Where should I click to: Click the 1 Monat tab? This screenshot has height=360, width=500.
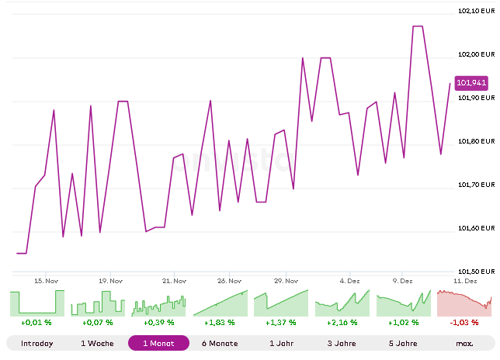coord(158,343)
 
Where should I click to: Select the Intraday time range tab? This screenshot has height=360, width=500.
coord(36,343)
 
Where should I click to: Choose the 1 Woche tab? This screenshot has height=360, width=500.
coord(97,343)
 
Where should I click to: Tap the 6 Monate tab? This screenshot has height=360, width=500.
coord(220,343)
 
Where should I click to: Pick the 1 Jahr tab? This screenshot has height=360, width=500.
coord(281,343)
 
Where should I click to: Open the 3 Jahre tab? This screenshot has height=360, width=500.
coord(342,343)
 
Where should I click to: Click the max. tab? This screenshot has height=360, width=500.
coord(465,343)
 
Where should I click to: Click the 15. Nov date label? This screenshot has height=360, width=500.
coord(47,281)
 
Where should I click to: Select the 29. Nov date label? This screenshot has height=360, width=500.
coord(287,281)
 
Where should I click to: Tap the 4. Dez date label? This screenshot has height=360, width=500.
coord(350,281)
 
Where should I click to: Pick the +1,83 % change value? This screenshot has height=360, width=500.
coord(220,322)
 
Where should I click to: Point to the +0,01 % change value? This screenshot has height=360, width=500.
coord(36,322)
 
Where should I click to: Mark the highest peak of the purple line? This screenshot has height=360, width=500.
coord(418,26)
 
